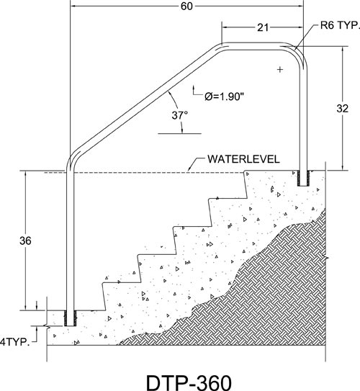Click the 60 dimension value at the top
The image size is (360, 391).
186,6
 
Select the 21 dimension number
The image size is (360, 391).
263,27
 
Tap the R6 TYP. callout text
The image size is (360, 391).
340,25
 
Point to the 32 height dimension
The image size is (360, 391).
342,109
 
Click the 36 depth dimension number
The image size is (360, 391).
25,241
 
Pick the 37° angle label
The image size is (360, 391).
180,115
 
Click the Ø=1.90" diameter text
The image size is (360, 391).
224,96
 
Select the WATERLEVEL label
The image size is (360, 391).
243,159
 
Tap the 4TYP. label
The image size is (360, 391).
15,342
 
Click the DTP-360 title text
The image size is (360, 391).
189,382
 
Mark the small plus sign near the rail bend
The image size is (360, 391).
280,69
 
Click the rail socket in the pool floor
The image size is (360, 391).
71,318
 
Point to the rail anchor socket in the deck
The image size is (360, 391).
303,178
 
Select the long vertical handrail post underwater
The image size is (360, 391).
71,242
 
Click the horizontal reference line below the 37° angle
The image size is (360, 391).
179,134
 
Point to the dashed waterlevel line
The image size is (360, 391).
144,172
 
